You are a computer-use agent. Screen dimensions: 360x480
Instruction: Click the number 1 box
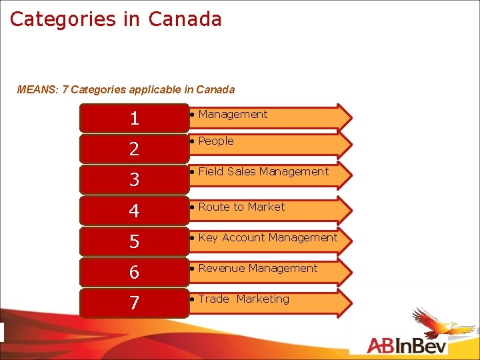(134, 118)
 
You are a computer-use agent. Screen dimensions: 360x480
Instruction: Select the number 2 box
(134, 149)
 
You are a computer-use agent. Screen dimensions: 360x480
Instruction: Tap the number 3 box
(134, 179)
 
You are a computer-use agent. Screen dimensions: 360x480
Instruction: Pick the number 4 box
(134, 210)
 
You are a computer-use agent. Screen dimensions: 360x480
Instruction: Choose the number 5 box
(134, 241)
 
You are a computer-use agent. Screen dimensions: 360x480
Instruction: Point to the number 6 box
(134, 271)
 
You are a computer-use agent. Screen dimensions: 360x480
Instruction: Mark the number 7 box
(134, 303)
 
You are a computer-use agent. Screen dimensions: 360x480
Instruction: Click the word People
(215, 141)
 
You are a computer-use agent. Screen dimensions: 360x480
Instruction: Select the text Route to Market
(241, 207)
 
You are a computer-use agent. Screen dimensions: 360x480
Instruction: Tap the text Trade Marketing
(243, 299)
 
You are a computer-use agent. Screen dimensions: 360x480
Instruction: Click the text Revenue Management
(257, 269)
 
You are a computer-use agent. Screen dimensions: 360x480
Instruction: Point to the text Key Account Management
(267, 238)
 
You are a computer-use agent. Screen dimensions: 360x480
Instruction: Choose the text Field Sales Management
(263, 172)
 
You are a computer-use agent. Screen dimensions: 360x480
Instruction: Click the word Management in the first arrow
(233, 115)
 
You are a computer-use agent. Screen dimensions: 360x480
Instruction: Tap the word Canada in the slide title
(185, 19)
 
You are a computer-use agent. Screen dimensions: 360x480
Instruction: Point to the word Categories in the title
(63, 19)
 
